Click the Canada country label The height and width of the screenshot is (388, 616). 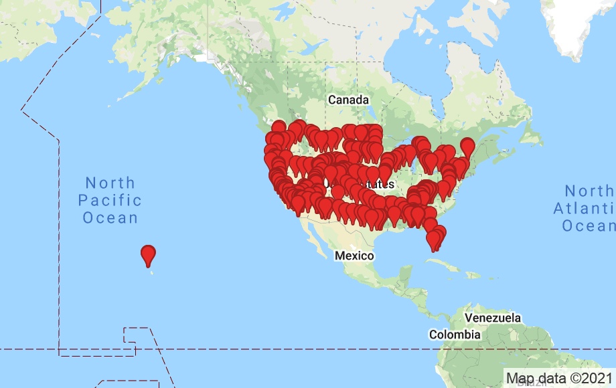tap(348, 100)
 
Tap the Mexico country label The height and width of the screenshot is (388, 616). tap(354, 256)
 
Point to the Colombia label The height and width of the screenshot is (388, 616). tap(455, 334)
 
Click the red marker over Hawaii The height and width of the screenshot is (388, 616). tap(149, 254)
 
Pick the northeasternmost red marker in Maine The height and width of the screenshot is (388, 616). tap(467, 146)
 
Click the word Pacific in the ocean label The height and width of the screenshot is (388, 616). tap(110, 200)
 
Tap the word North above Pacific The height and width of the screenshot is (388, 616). tap(110, 183)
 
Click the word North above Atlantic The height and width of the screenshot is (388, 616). tap(588, 191)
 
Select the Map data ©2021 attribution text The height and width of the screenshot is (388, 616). tap(558, 379)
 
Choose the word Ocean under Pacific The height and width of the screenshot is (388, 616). tap(110, 218)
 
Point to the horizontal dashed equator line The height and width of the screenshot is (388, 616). tap(268, 349)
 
